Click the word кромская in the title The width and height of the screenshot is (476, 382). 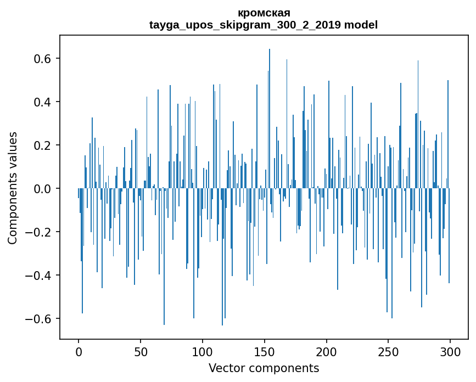[x=264, y=13]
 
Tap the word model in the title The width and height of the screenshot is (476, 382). [x=361, y=25]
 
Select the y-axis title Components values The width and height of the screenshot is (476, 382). [x=13, y=188]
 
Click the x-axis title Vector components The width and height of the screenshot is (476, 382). [x=264, y=368]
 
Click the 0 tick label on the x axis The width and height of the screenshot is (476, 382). [x=79, y=351]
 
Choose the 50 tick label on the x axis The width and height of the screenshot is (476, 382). [x=141, y=351]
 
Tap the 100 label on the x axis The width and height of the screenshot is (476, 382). [x=203, y=351]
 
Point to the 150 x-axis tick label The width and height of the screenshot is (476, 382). [x=265, y=351]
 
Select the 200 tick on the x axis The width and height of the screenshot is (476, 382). [x=327, y=351]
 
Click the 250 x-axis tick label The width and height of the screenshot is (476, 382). [x=388, y=351]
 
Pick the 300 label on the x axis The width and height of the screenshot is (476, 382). [x=450, y=351]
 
